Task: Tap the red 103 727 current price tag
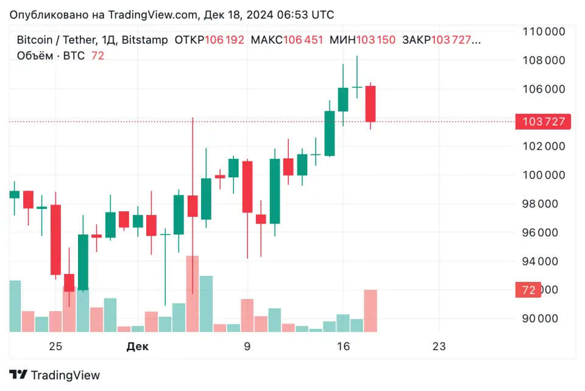(x=544, y=122)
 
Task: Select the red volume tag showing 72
(x=528, y=291)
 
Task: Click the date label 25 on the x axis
(x=55, y=347)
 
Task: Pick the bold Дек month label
(x=137, y=347)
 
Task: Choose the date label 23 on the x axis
(x=439, y=347)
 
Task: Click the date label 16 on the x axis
(x=343, y=347)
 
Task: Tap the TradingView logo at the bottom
(x=54, y=375)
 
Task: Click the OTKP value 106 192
(x=224, y=40)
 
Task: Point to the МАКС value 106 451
(x=303, y=40)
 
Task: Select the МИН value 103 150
(x=375, y=40)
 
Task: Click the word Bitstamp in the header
(x=144, y=40)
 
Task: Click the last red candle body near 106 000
(x=370, y=104)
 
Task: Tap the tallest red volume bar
(x=192, y=294)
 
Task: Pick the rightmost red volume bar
(x=370, y=311)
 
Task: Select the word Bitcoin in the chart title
(x=34, y=40)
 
